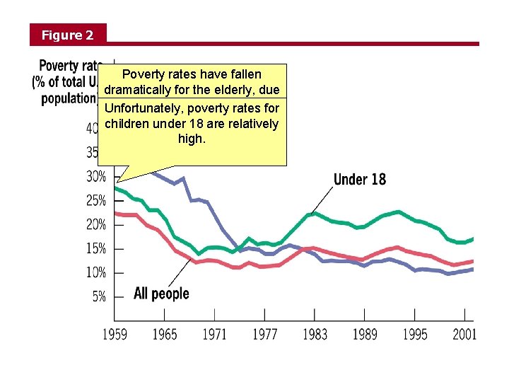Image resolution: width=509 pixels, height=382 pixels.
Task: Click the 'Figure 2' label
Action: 67,35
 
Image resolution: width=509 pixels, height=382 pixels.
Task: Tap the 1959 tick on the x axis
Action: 115,334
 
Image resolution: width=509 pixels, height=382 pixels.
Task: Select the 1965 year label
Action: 165,334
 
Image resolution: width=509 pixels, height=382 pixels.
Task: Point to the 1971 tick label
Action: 215,334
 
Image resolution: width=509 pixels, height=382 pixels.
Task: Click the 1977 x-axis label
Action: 265,334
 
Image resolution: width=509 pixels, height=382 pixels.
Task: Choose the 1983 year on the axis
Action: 315,334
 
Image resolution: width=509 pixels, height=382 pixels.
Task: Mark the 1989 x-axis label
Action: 365,334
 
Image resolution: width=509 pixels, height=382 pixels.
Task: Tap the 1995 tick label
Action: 415,334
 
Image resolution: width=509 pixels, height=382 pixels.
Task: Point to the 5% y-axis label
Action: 100,297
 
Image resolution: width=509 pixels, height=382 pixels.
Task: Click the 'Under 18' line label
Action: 360,179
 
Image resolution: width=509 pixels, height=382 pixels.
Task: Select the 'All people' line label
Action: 161,294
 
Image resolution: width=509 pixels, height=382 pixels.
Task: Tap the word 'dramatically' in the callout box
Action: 139,90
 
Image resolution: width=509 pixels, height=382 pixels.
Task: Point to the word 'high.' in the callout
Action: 192,139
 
